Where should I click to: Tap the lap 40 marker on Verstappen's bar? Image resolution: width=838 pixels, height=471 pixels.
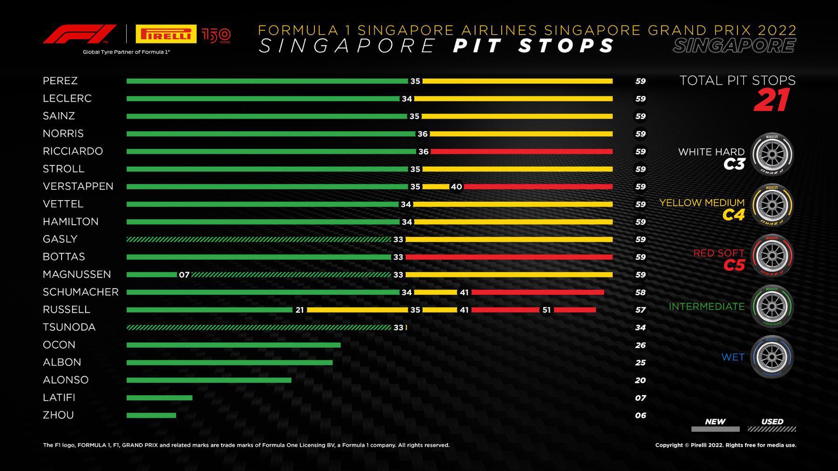pos(456,187)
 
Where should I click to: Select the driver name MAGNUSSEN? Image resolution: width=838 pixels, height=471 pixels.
pos(77,274)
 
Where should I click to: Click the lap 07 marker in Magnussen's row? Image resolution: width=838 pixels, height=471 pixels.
pos(184,275)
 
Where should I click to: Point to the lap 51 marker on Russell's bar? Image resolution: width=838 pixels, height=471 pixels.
pos(546,310)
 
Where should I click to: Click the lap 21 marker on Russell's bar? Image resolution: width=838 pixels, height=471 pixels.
pos(300,310)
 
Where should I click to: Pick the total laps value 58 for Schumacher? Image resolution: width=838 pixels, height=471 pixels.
pos(640,292)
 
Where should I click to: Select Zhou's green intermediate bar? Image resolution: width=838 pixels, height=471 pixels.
pos(151,415)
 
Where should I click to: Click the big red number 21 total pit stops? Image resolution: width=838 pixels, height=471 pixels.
pos(771,100)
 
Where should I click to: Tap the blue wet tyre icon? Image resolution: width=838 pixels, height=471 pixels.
pos(772,357)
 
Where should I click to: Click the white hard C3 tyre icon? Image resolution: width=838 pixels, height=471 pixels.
pos(772,154)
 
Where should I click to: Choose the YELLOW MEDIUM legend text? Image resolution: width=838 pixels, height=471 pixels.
pos(702,203)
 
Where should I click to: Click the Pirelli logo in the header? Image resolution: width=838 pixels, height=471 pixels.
pos(166,34)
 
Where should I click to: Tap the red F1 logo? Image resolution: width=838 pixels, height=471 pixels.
pos(79,34)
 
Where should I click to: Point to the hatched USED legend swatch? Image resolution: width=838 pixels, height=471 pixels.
pos(772,429)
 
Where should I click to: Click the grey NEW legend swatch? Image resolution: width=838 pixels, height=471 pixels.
pos(715,429)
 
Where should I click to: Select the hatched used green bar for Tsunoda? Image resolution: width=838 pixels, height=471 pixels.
pos(259,328)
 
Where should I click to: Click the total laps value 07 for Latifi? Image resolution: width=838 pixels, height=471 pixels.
pos(640,398)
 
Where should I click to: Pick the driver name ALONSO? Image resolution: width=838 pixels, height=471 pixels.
pos(66,380)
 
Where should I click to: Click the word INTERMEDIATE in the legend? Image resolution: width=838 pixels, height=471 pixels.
pos(707,306)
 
